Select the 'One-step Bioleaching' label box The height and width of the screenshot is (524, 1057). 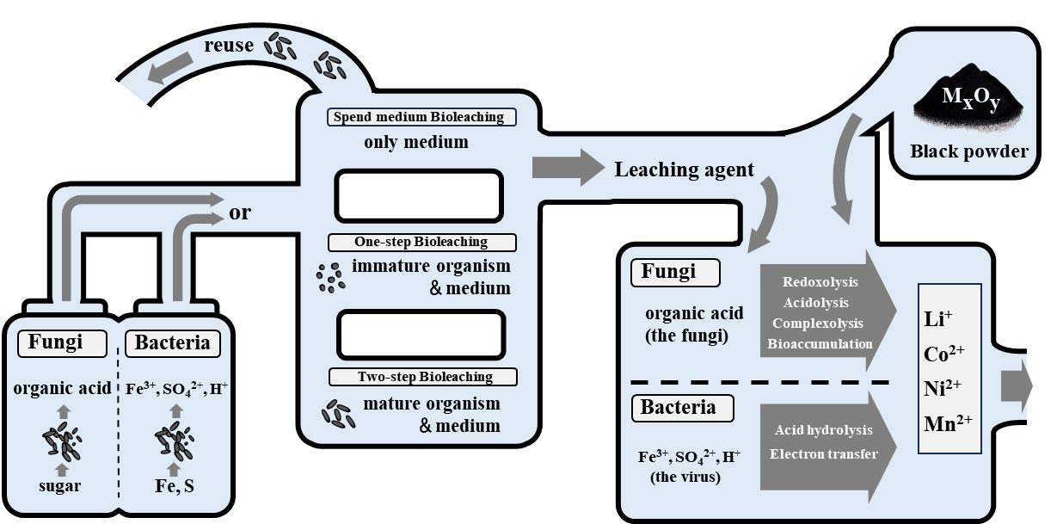pyautogui.click(x=421, y=242)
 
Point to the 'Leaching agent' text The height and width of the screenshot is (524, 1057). pyautogui.click(x=684, y=170)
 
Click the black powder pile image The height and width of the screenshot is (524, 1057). pyautogui.click(x=970, y=107)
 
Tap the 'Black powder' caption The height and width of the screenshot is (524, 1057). pyautogui.click(x=969, y=151)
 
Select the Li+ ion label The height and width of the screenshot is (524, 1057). pyautogui.click(x=937, y=319)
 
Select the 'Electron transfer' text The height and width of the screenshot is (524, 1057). pyautogui.click(x=824, y=453)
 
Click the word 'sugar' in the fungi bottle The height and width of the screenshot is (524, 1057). pyautogui.click(x=60, y=485)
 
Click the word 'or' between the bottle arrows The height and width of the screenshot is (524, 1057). pyautogui.click(x=240, y=212)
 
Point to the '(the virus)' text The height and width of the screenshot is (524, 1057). pyautogui.click(x=685, y=478)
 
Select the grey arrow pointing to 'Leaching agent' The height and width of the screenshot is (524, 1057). pyautogui.click(x=568, y=167)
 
